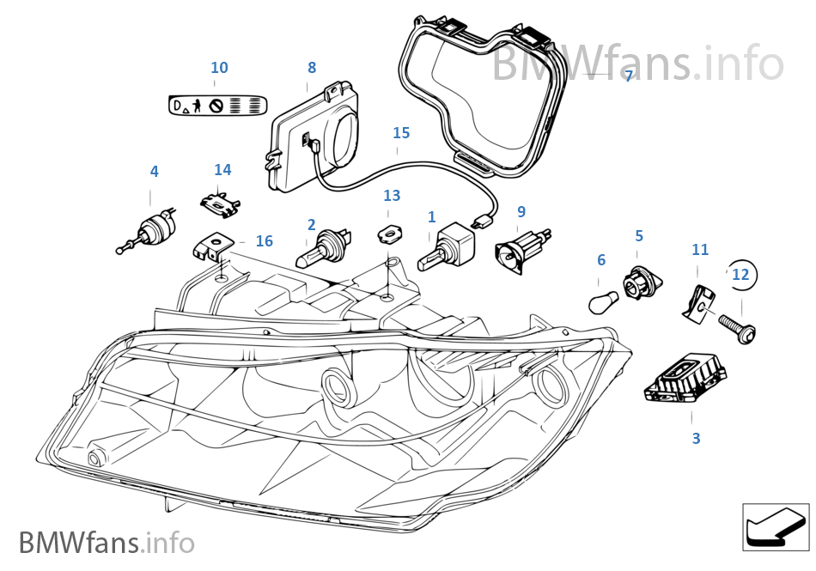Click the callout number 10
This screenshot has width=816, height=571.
(x=219, y=68)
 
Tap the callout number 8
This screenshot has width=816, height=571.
(x=311, y=67)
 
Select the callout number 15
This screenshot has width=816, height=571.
(x=401, y=133)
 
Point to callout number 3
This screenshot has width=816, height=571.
(x=696, y=438)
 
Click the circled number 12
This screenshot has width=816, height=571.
(x=740, y=275)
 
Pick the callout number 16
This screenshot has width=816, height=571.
(x=264, y=242)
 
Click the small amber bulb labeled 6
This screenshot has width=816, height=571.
(x=600, y=301)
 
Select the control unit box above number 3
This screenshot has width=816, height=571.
(x=686, y=383)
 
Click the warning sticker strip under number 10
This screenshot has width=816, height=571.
(x=217, y=106)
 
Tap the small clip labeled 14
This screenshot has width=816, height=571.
(x=221, y=203)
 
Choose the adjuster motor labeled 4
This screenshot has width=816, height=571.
(x=151, y=231)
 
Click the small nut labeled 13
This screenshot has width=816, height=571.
(x=390, y=231)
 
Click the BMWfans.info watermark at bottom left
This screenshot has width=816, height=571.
(x=107, y=543)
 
